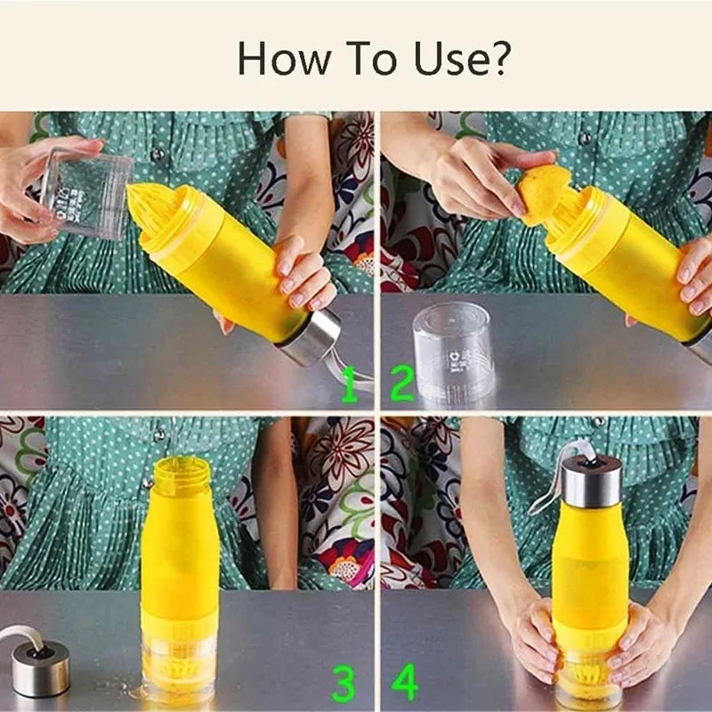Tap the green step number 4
(x=405, y=683)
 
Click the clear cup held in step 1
(x=87, y=193)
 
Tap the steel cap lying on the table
(x=40, y=667)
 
